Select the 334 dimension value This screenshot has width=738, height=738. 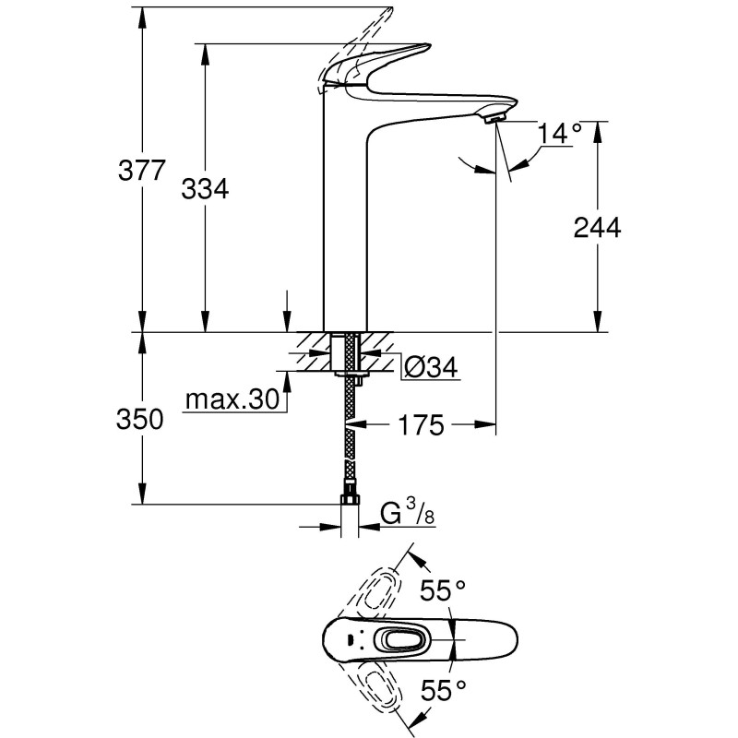[204, 189]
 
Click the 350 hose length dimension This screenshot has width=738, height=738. [141, 420]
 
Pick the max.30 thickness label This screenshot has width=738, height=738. [232, 399]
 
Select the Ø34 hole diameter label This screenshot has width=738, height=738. [431, 368]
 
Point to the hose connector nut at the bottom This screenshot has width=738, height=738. [350, 501]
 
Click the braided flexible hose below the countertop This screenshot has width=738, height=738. [350, 443]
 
